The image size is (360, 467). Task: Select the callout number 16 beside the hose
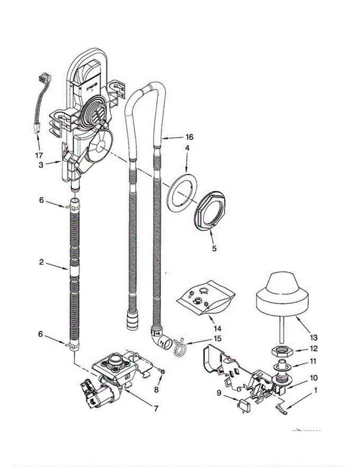pos(190,137)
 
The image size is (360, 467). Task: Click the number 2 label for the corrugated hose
pos(41,263)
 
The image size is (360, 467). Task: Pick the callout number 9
pos(219,393)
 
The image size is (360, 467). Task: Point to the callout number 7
pos(155,409)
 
